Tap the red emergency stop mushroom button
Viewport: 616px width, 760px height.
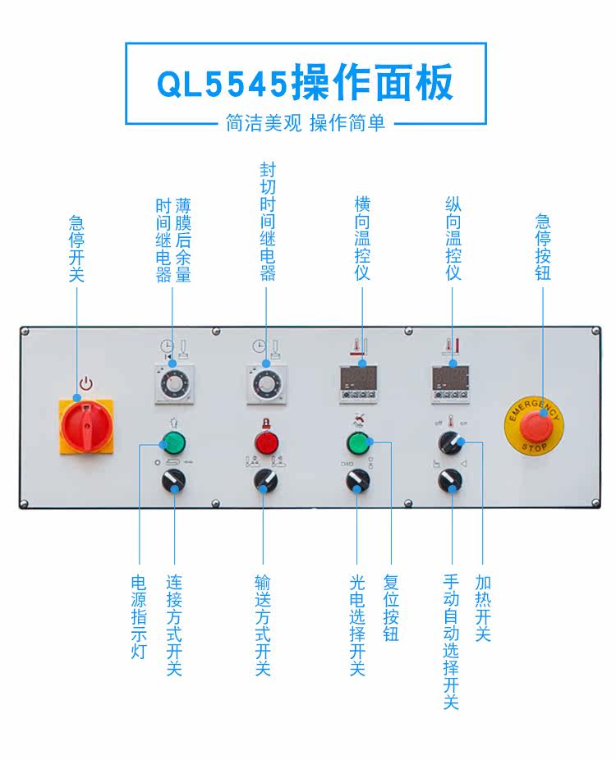pyautogui.click(x=535, y=424)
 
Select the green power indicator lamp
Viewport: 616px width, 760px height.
pyautogui.click(x=173, y=444)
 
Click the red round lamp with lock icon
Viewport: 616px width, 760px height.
pyautogui.click(x=265, y=444)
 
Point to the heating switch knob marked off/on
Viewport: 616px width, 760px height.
pyautogui.click(x=449, y=444)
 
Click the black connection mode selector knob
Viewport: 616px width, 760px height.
pyautogui.click(x=173, y=482)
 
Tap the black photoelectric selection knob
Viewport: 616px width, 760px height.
pyautogui.click(x=357, y=482)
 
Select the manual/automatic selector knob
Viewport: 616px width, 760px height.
pyautogui.click(x=449, y=482)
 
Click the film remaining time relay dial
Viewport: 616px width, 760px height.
pyautogui.click(x=173, y=384)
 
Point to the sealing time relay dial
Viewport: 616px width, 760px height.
pyautogui.click(x=265, y=384)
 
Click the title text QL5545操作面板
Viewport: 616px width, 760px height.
pyautogui.click(x=305, y=83)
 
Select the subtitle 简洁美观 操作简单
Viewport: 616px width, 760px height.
pyautogui.click(x=305, y=123)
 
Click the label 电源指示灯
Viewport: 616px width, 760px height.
pyautogui.click(x=139, y=616)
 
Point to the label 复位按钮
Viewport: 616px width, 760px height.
pyautogui.click(x=390, y=608)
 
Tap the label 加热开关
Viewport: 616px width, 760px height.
pyautogui.click(x=482, y=608)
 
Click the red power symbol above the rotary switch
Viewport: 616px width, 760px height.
pyautogui.click(x=85, y=383)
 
